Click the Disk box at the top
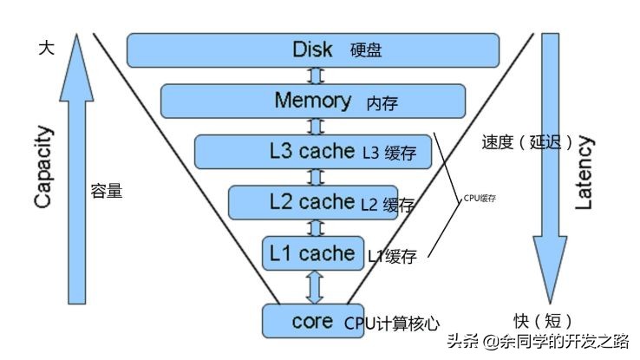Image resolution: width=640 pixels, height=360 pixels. pos(313,49)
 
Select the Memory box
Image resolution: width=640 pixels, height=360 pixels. pos(313,100)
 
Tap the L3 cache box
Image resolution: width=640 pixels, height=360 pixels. pos(313,152)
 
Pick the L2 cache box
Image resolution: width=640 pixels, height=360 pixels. pos(313,202)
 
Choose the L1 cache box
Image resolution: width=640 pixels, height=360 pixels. pos(313,253)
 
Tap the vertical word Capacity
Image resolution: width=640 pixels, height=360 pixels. pos(44,167)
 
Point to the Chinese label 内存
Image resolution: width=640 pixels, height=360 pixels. pos(382,102)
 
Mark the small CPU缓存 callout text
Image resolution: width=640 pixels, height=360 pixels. pos(480,198)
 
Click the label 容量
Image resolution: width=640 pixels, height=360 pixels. pos(106,191)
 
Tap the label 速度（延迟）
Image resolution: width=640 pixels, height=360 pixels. pos(526,143)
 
